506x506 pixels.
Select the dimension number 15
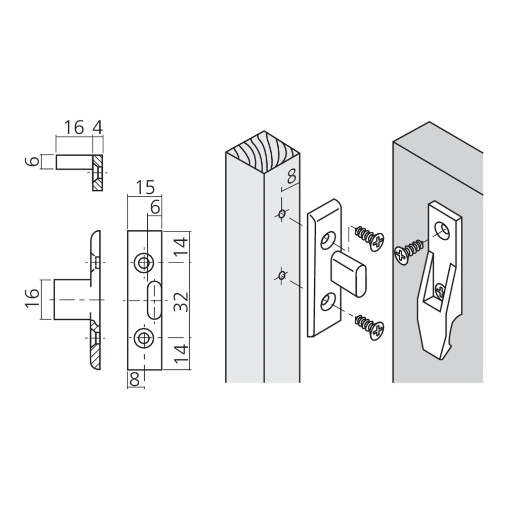[x=145, y=188]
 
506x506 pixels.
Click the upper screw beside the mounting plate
[x=369, y=237]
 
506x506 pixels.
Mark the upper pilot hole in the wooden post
[x=281, y=215]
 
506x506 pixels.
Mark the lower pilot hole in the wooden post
[x=281, y=275]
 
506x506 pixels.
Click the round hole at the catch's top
[x=444, y=231]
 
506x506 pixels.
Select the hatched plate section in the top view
[x=97, y=173]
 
